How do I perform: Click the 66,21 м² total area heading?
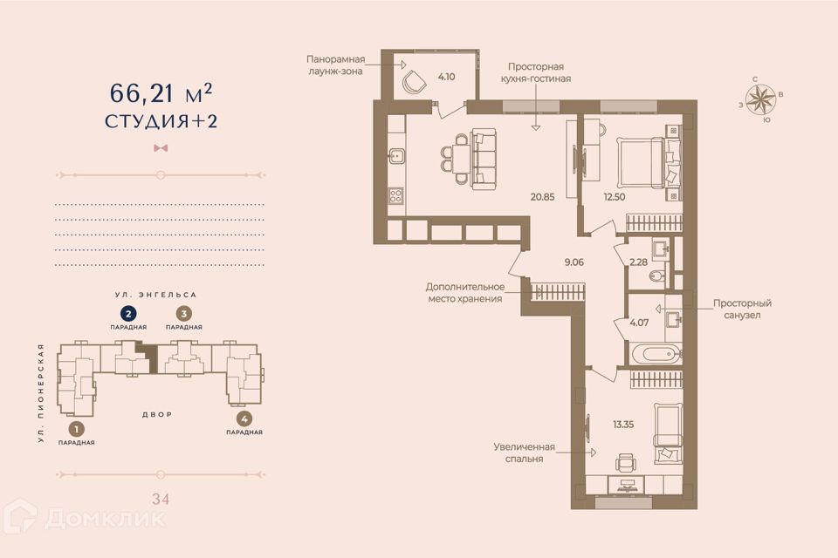tap(161, 93)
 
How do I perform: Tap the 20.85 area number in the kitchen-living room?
tap(542, 196)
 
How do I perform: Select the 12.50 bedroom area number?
tap(615, 196)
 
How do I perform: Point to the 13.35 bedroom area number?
tap(623, 425)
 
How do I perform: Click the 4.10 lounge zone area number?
tap(446, 77)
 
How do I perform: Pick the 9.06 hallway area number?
tap(574, 262)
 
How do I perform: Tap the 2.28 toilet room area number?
tap(639, 262)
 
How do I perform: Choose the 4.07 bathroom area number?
tap(639, 323)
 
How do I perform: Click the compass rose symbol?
tap(760, 99)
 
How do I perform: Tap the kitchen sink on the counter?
tap(396, 156)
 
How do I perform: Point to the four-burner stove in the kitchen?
tap(396, 195)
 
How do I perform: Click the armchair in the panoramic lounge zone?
tap(414, 82)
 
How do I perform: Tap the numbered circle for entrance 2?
tap(128, 314)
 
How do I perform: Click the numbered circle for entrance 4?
tap(244, 418)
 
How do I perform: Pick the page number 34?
tap(161, 500)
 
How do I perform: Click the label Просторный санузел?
tap(742, 310)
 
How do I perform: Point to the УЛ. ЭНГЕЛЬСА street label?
tap(156, 295)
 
